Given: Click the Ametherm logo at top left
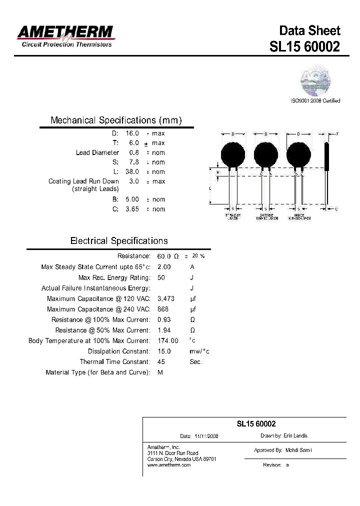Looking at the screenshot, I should pyautogui.click(x=65, y=35).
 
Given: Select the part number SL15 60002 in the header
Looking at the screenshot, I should pyautogui.click(x=304, y=46).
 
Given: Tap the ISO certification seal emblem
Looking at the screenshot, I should pyautogui.click(x=315, y=81).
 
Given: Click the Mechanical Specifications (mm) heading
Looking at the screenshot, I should pyautogui.click(x=116, y=120).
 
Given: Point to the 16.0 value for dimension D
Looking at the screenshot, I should pyautogui.click(x=132, y=133).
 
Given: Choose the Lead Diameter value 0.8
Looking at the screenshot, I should pyautogui.click(x=134, y=152).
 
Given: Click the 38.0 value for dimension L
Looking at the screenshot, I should pyautogui.click(x=132, y=171).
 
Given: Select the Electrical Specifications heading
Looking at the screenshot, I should pyautogui.click(x=119, y=241).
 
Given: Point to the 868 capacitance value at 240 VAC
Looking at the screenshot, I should pyautogui.click(x=163, y=309).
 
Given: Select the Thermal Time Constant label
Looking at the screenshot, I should pyautogui.click(x=114, y=361).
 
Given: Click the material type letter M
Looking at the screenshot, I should pyautogui.click(x=160, y=372).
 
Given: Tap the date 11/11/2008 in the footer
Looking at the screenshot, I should pyautogui.click(x=206, y=436).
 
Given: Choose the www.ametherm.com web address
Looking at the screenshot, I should pyautogui.click(x=169, y=465).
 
